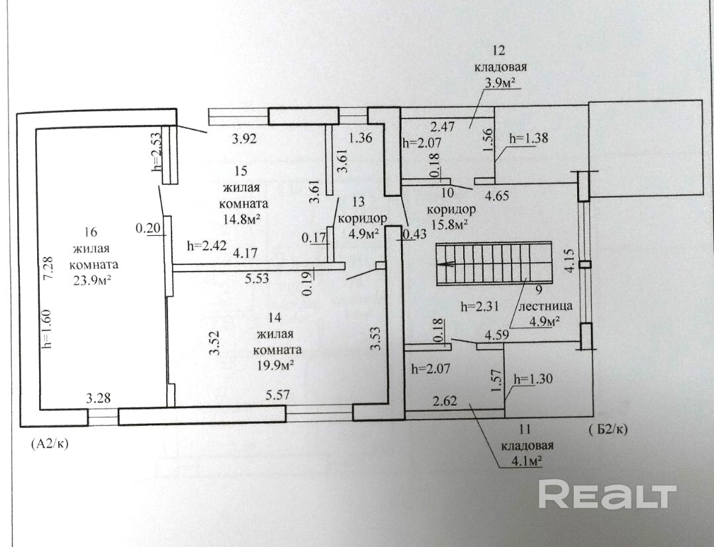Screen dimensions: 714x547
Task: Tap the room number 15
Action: tap(241, 171)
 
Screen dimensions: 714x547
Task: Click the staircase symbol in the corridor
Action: tap(494, 263)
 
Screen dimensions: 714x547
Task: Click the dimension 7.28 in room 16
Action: tap(48, 272)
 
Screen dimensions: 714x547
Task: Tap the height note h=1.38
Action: tap(528, 138)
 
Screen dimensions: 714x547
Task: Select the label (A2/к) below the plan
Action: tap(49, 443)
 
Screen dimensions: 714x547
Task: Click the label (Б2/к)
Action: tap(608, 429)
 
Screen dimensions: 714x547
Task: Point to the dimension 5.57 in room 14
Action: tap(278, 395)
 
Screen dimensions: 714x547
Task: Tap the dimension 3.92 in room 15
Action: tap(245, 138)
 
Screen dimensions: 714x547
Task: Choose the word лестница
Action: tap(545, 306)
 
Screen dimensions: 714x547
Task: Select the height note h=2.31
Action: tap(479, 307)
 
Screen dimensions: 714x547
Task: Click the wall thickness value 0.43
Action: tap(414, 234)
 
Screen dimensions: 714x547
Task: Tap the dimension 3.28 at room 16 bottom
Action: tap(99, 398)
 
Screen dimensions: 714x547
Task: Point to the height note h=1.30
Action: tap(533, 379)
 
